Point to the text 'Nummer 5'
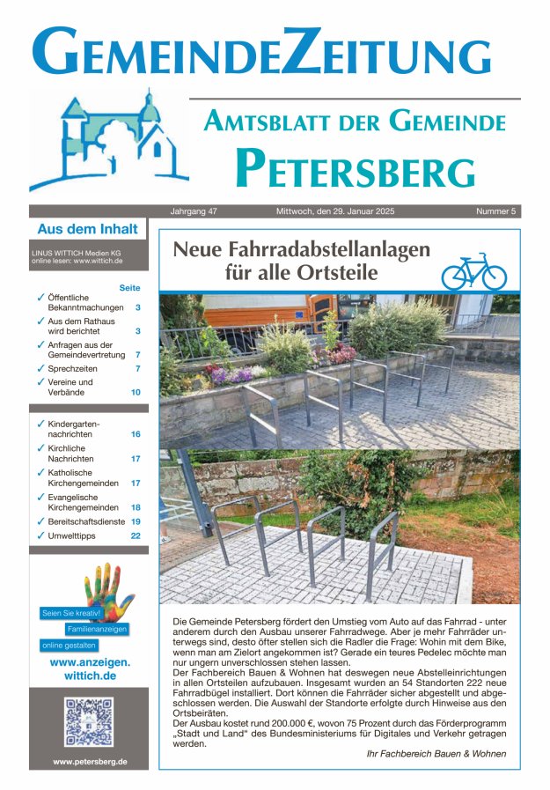pyautogui.click(x=495, y=212)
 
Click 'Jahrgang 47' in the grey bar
pyautogui.click(x=199, y=212)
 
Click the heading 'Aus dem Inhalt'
pyautogui.click(x=87, y=229)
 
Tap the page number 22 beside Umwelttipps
pyautogui.click(x=136, y=535)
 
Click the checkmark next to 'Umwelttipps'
pyautogui.click(x=40, y=535)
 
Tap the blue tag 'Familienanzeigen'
pyautogui.click(x=97, y=629)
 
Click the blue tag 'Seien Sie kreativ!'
pyautogui.click(x=71, y=612)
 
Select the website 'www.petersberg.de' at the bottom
pyautogui.click(x=89, y=761)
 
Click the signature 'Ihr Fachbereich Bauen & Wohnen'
pyautogui.click(x=436, y=754)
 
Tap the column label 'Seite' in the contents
pyautogui.click(x=129, y=288)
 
